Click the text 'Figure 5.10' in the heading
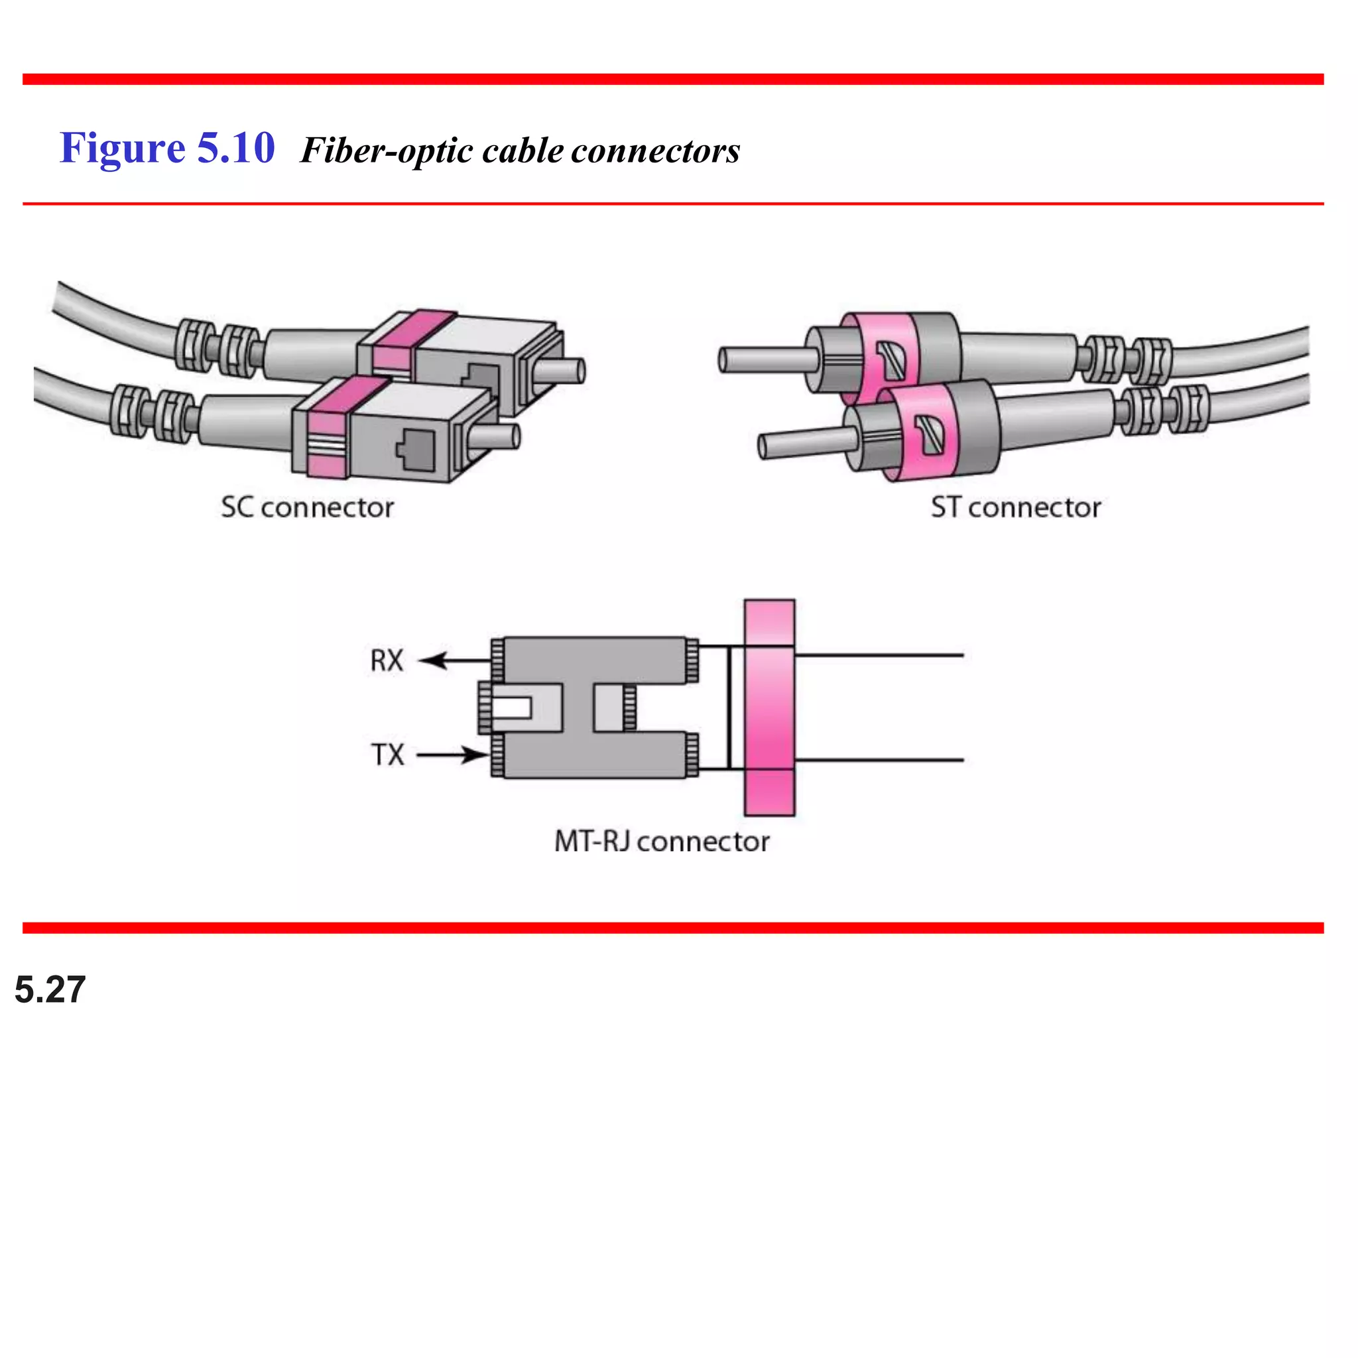166,149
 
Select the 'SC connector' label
307,507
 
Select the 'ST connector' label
1016,507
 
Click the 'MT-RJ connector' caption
661,841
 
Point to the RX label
387,660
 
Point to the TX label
387,755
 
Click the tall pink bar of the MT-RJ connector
769,707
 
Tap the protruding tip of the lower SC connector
500,436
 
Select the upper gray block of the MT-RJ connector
595,659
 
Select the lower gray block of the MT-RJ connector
595,756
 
